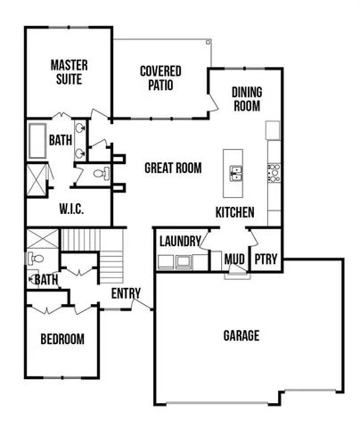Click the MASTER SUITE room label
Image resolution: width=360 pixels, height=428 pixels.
point(67,71)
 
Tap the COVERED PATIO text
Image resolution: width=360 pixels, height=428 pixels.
point(161,78)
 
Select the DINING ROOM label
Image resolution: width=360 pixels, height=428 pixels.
point(246,98)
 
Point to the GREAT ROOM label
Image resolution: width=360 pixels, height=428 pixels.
point(173,168)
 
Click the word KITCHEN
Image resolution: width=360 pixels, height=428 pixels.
point(235,212)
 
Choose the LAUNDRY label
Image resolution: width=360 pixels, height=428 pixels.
point(179,241)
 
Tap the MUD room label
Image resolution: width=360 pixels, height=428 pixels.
point(234,259)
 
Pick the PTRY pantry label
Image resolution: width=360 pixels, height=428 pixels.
point(266,259)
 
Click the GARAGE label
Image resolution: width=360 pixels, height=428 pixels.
point(241,336)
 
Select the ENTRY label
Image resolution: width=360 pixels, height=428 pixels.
point(126,292)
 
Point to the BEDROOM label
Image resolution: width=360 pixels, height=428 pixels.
point(62,340)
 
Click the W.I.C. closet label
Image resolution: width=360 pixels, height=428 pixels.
point(71,210)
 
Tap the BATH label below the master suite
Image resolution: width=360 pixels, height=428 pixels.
point(61,140)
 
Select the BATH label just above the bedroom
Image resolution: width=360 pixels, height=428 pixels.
point(45,280)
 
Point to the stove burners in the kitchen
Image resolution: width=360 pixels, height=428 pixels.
point(274,171)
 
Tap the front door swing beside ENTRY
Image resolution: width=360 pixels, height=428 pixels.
point(140,304)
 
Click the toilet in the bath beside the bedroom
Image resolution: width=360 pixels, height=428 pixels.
point(35,259)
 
